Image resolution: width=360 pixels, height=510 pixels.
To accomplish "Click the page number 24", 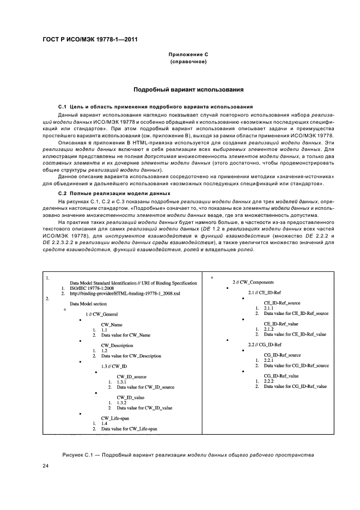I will click(x=46, y=465).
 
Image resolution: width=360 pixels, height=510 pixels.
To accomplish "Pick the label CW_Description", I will click(x=118, y=345).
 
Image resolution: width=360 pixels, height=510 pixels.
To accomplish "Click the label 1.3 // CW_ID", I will click(x=114, y=367).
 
